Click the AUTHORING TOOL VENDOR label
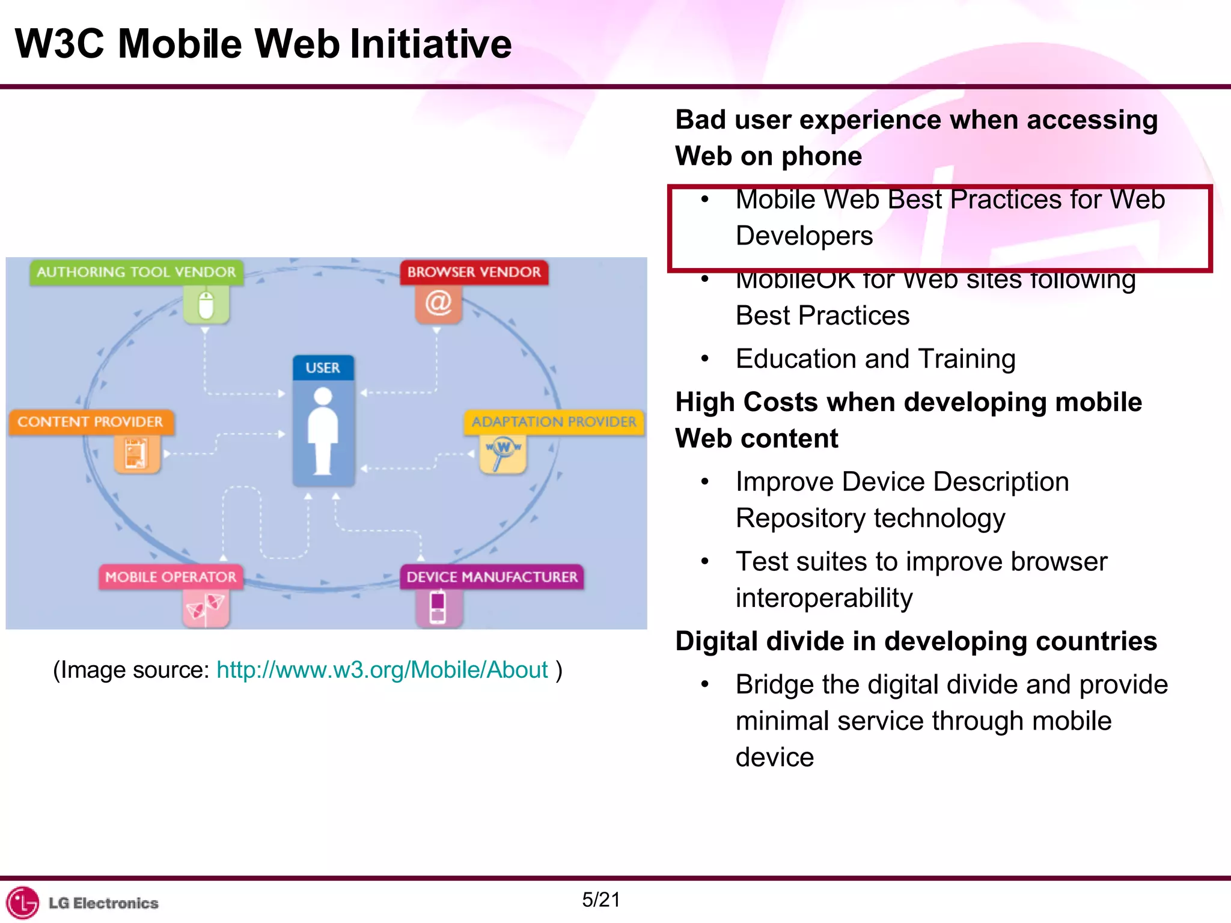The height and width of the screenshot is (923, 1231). (136, 272)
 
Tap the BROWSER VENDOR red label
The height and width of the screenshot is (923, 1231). (474, 272)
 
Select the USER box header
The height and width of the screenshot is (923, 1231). (323, 368)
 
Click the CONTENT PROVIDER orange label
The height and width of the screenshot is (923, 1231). (91, 422)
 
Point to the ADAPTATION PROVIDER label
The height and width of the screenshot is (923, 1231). (554, 422)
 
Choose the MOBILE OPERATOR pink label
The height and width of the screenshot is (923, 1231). (171, 577)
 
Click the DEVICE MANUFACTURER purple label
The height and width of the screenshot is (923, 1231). (492, 577)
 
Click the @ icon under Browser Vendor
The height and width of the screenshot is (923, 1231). (438, 303)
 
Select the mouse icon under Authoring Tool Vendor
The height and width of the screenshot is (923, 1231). (206, 305)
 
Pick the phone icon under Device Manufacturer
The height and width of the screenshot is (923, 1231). (438, 607)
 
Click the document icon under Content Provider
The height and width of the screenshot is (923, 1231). (136, 453)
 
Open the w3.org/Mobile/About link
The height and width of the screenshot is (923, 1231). (382, 670)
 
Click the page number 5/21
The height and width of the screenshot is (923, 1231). (600, 900)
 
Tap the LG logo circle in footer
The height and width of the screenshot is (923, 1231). (22, 903)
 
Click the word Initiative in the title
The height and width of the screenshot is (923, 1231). (430, 44)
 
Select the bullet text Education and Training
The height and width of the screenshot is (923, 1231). (875, 359)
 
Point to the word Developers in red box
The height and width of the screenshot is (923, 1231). (804, 236)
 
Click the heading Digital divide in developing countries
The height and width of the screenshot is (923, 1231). (915, 641)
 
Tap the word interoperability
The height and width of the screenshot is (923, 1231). (824, 598)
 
